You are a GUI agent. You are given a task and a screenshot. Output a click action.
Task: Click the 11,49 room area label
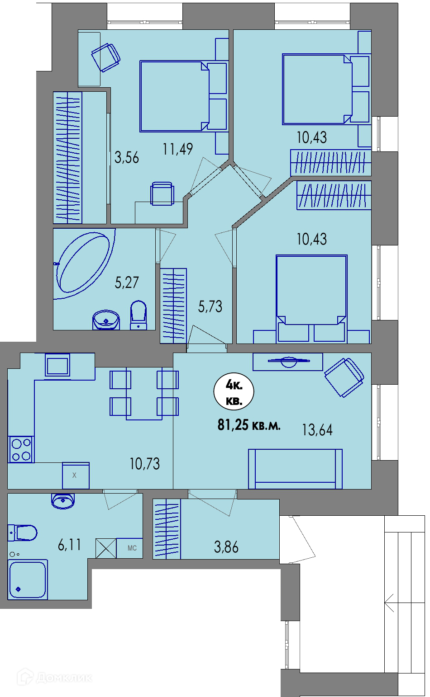pyautogui.click(x=177, y=149)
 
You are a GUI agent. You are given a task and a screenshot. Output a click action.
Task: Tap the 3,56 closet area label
pyautogui.click(x=126, y=157)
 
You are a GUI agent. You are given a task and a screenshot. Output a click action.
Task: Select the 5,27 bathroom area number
pyautogui.click(x=126, y=282)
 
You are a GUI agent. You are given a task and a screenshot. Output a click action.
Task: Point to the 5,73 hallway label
pyautogui.click(x=210, y=306)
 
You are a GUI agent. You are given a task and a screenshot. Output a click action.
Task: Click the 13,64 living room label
pyautogui.click(x=317, y=429)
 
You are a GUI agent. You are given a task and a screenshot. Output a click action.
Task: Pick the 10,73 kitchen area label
pyautogui.click(x=144, y=463)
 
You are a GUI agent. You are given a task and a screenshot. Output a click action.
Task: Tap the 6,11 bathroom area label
pyautogui.click(x=70, y=545)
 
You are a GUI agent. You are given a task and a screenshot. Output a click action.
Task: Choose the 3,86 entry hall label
pyautogui.click(x=226, y=547)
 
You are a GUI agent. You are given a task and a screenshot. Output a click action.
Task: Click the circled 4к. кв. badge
pyautogui.click(x=234, y=391)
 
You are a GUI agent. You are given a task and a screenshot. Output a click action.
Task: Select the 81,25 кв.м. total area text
pyautogui.click(x=249, y=425)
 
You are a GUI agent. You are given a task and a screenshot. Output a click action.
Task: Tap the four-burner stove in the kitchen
pyautogui.click(x=21, y=449)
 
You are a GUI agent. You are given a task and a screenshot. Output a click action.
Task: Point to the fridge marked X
pyautogui.click(x=76, y=475)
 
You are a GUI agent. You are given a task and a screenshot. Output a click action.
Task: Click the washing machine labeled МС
pyautogui.click(x=129, y=548)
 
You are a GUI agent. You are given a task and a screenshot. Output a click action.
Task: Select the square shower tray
pyautogui.click(x=28, y=579)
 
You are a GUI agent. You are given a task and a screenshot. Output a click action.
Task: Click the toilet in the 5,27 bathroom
pyautogui.click(x=139, y=315)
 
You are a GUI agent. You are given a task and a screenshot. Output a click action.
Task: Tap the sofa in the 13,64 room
pyautogui.click(x=295, y=469)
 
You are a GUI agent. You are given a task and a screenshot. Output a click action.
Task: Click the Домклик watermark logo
pyautogui.click(x=54, y=677)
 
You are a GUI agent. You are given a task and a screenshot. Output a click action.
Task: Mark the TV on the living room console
pyautogui.click(x=289, y=361)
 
